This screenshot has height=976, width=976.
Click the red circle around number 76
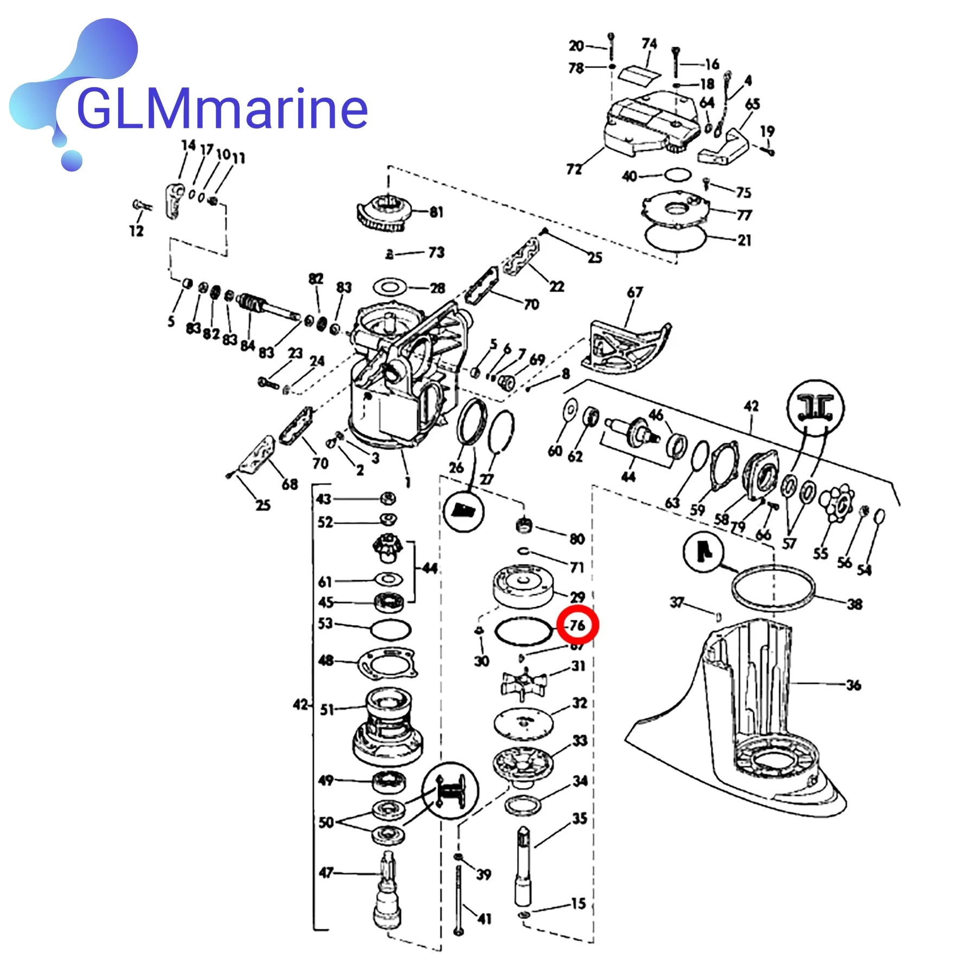578,625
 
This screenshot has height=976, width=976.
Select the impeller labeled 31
524,684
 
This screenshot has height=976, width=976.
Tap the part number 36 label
853,685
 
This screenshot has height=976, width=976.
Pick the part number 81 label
436,212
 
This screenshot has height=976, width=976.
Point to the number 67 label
634,292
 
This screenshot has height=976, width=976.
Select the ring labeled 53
390,630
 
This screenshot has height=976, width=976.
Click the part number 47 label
326,872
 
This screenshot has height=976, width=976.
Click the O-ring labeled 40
678,175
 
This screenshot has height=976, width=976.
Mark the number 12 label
136,230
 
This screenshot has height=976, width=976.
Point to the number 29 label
577,597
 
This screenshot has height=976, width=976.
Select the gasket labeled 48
388,662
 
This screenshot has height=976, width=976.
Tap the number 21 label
744,240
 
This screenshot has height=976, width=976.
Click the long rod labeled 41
459,900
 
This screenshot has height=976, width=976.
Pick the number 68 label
290,484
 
